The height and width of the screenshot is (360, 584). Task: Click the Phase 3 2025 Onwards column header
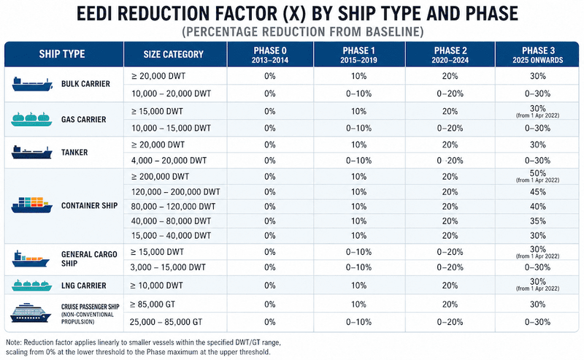point(537,55)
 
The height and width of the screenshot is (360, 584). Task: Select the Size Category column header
point(174,55)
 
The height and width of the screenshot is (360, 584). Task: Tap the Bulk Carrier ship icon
point(32,84)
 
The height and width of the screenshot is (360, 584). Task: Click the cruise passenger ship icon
point(30,313)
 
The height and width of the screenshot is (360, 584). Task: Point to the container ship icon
point(31,205)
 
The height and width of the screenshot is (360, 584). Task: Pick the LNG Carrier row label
point(84,286)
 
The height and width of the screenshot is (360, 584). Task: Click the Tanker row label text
point(74,152)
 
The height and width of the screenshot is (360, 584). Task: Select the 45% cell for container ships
point(537,192)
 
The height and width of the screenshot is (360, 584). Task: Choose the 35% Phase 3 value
point(537,221)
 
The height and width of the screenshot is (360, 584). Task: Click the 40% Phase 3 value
point(537,207)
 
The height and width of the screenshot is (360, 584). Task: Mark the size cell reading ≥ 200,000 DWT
point(160,176)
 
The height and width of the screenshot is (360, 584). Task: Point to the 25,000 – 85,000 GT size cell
point(166,322)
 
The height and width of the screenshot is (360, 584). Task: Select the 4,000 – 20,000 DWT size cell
point(169,161)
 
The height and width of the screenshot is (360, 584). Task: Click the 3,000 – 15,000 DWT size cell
point(168,267)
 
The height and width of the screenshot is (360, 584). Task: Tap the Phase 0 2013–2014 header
point(270,55)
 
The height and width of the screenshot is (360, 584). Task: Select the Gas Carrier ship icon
point(31,119)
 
